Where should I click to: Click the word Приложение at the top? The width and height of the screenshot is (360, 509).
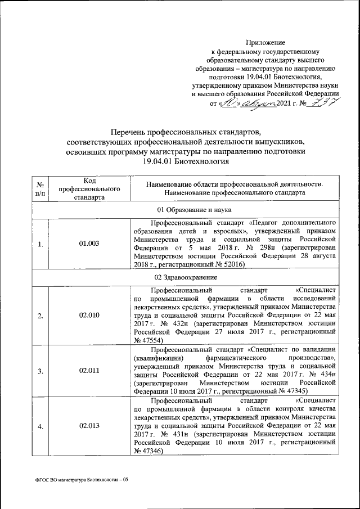(x=265, y=42)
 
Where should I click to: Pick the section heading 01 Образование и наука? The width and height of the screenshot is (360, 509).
(x=185, y=210)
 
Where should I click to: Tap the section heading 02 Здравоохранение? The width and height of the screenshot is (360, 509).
(x=185, y=277)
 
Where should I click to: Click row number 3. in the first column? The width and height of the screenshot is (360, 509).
(x=40, y=371)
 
